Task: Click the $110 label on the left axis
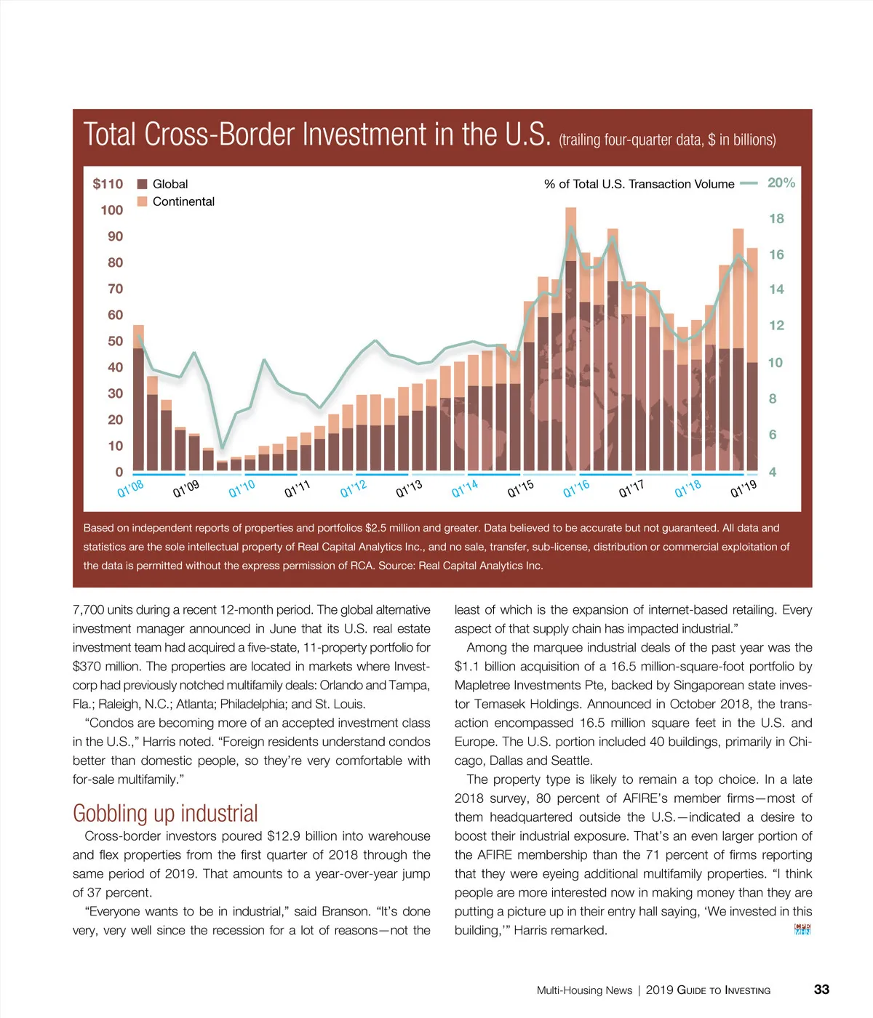pos(108,184)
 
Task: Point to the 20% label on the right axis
pos(781,183)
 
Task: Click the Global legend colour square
pos(143,184)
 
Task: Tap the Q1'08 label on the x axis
pos(131,489)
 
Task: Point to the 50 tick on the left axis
pos(115,341)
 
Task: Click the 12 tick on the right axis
pos(776,325)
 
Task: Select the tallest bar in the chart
pos(571,339)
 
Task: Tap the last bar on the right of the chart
pos(752,360)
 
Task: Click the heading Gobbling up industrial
pos(165,813)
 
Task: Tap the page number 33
pos(821,990)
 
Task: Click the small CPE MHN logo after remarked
pos(802,929)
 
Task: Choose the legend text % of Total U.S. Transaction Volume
pos(639,184)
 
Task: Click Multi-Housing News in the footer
pos(584,990)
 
